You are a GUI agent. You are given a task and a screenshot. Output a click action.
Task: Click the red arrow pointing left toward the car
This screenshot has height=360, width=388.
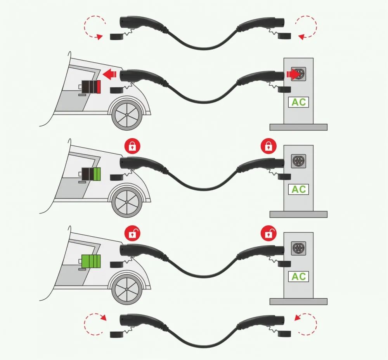110,74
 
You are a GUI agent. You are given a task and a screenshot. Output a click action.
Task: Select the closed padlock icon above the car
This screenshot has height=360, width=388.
133,146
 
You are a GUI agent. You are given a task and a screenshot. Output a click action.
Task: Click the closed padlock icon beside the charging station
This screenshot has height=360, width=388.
268,146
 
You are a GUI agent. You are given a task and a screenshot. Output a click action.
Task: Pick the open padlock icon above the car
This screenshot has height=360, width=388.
133,233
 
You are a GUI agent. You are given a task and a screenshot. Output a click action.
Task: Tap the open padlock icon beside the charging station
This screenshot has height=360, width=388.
268,233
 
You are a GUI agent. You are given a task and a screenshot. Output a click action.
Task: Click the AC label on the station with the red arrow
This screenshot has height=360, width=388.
298,102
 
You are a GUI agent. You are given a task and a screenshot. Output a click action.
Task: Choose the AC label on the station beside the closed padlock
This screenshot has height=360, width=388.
298,189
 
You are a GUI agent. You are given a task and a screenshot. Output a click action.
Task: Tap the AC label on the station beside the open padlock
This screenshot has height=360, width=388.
298,276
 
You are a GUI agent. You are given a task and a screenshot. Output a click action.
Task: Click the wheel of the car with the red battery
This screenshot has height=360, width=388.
127,115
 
